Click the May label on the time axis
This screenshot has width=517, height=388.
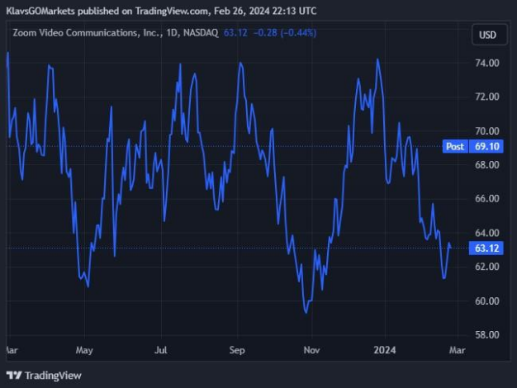[x=83, y=350]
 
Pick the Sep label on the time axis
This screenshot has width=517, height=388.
[x=237, y=350]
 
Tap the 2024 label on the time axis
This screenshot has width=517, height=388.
[x=385, y=350]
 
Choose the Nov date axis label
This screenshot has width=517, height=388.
[x=311, y=350]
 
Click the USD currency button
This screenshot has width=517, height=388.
[x=487, y=35]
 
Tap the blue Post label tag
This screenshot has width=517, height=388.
[x=455, y=146]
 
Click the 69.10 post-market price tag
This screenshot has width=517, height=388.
[x=486, y=146]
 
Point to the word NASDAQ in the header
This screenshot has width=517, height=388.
[x=200, y=33]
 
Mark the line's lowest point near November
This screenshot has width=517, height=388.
[x=306, y=312]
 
